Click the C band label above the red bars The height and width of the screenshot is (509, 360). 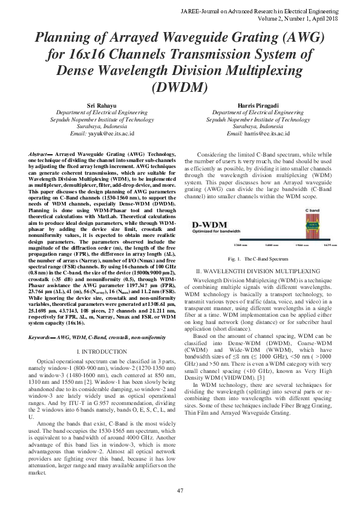(x=312, y=210)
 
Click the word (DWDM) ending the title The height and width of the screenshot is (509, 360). (x=180, y=86)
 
